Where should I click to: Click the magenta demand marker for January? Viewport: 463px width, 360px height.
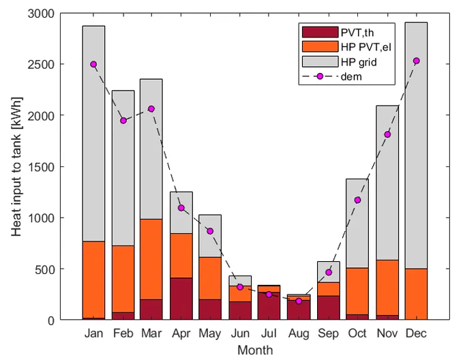tap(93, 64)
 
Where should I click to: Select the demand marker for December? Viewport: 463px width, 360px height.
tap(417, 61)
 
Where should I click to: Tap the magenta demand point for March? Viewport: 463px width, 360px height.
tap(151, 108)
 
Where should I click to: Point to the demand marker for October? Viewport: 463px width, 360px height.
tap(357, 200)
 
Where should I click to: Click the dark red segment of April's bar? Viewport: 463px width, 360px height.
tap(181, 299)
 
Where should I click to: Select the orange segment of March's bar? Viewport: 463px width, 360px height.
tap(151, 259)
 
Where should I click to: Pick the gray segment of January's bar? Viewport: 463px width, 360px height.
tap(93, 134)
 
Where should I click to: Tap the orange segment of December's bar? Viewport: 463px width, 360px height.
tap(417, 294)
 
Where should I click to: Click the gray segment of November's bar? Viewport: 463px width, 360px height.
tap(387, 183)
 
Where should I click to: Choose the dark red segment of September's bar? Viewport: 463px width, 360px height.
tap(329, 307)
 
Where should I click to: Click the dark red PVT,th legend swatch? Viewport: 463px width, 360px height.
tap(320, 32)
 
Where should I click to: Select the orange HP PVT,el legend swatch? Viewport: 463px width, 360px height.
tap(320, 46)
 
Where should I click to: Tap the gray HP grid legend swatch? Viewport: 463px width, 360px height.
tap(320, 61)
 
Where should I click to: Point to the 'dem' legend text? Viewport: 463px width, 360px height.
tap(351, 76)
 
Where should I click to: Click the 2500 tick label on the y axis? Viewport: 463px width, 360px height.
tap(41, 64)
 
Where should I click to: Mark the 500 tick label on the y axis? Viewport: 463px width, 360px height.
tap(45, 269)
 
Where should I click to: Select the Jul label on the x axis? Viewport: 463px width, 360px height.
tap(269, 333)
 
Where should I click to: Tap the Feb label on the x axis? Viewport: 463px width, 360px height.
tap(123, 333)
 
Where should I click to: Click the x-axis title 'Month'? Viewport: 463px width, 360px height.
tap(255, 350)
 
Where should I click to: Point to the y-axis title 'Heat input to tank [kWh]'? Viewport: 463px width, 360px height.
tap(17, 166)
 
